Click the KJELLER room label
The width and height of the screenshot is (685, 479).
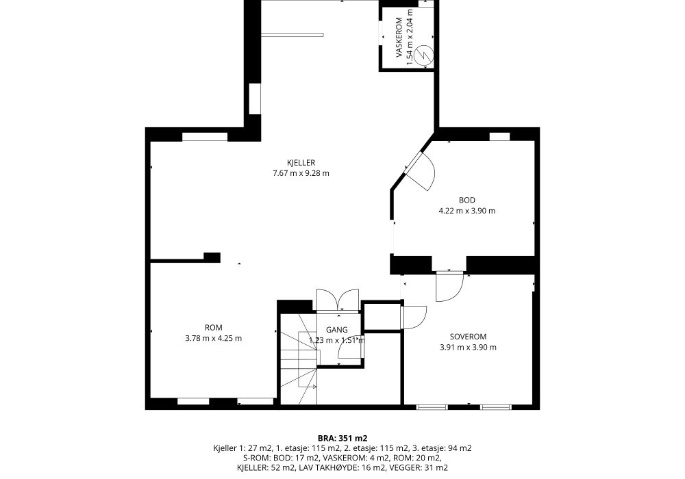301,163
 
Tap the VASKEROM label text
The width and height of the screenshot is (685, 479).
399,38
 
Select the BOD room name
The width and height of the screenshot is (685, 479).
467,200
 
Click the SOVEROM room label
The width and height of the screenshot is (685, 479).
468,337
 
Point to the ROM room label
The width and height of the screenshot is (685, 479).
213,328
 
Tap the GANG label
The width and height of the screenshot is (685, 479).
337,330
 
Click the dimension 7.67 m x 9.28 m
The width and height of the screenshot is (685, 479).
301,173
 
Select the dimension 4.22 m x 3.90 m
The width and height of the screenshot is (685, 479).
467,211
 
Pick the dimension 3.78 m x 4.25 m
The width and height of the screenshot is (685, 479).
213,338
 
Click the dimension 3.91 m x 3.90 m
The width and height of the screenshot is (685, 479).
468,347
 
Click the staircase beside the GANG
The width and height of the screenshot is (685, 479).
299,361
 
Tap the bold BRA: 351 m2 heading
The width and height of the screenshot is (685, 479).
342,438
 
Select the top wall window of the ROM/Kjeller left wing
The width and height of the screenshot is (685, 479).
204,137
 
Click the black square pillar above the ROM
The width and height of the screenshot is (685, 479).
212,257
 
